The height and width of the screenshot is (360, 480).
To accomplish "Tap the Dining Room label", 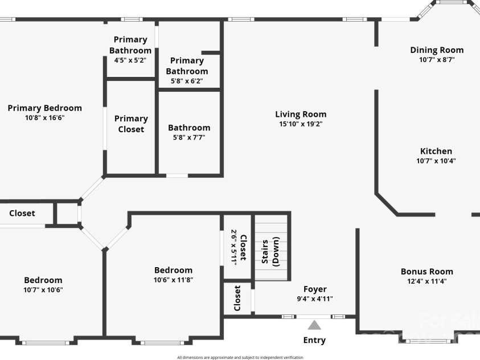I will (437, 50).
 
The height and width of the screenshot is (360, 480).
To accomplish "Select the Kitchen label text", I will (436, 151).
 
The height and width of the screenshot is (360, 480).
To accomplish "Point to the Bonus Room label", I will (426, 272).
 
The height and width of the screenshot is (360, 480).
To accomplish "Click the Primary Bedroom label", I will (44, 108).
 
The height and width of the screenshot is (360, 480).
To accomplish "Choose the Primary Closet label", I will (131, 124).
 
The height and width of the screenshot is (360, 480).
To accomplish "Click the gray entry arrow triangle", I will (314, 325).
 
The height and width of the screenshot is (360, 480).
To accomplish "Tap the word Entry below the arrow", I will (314, 340).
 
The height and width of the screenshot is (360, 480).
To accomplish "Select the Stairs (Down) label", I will (270, 250).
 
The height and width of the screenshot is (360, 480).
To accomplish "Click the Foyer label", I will (315, 289).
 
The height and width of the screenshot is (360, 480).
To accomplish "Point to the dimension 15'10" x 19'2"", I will (301, 124).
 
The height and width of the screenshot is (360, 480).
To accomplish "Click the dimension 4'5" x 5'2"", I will (130, 60).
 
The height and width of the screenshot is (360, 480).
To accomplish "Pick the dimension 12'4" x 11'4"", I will (426, 281).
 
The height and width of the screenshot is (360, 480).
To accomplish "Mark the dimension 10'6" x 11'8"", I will (173, 280).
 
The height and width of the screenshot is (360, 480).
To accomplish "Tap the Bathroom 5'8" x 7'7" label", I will (189, 128).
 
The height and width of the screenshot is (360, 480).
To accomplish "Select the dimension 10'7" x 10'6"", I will (43, 289).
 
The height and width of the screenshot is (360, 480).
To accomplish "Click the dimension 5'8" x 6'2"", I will (187, 81).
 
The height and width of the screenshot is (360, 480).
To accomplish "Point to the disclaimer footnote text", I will (240, 357).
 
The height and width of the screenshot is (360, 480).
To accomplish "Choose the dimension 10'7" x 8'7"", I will (437, 59).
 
